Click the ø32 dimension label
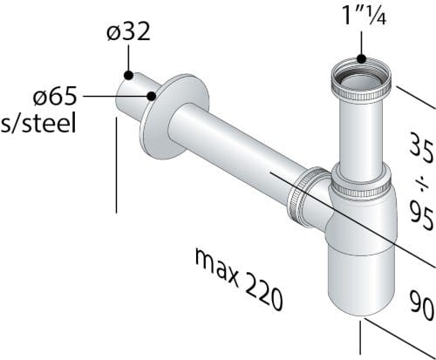click(128, 31)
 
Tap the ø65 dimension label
click(55, 96)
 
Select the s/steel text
click(38, 123)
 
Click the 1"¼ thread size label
click(364, 15)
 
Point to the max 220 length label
click(238, 280)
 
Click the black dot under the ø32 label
click(128, 75)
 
